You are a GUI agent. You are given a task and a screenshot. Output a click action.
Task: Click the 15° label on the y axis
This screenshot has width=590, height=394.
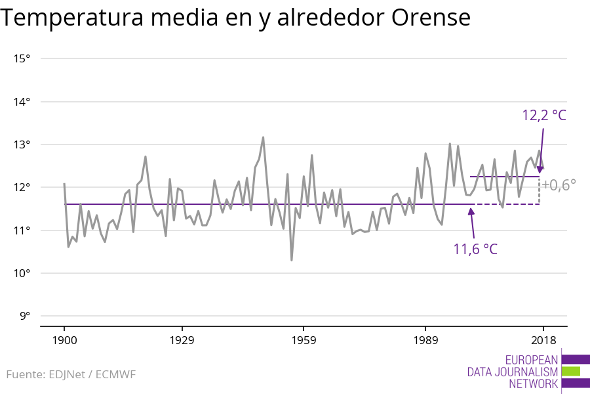[22, 58]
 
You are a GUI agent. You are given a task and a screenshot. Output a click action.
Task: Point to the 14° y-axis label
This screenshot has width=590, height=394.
[22, 102]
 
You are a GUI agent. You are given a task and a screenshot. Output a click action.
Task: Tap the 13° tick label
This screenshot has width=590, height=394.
[22, 144]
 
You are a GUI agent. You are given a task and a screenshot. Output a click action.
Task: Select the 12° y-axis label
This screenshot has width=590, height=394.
[22, 187]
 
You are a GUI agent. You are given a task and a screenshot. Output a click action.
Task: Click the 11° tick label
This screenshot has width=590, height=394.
[22, 230]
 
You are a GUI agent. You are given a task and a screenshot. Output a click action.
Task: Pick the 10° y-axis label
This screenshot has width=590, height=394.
[22, 273]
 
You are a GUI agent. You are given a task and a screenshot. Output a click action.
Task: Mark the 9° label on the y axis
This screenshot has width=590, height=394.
[24, 316]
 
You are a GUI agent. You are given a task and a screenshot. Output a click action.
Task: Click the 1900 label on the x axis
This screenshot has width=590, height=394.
[64, 340]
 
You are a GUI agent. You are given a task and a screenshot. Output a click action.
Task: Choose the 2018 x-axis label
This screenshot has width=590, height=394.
[542, 340]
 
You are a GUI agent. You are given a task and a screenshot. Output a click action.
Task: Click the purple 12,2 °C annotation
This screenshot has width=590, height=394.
[543, 116]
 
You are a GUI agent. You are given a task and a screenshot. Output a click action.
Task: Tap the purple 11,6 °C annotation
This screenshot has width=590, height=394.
[475, 250]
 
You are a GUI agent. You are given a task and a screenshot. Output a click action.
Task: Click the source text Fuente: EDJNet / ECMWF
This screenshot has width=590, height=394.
[71, 375]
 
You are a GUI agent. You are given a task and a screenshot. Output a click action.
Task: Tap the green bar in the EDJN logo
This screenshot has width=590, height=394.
[571, 371]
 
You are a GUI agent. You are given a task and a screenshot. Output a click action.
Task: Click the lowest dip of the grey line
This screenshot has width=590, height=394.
[291, 261]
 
